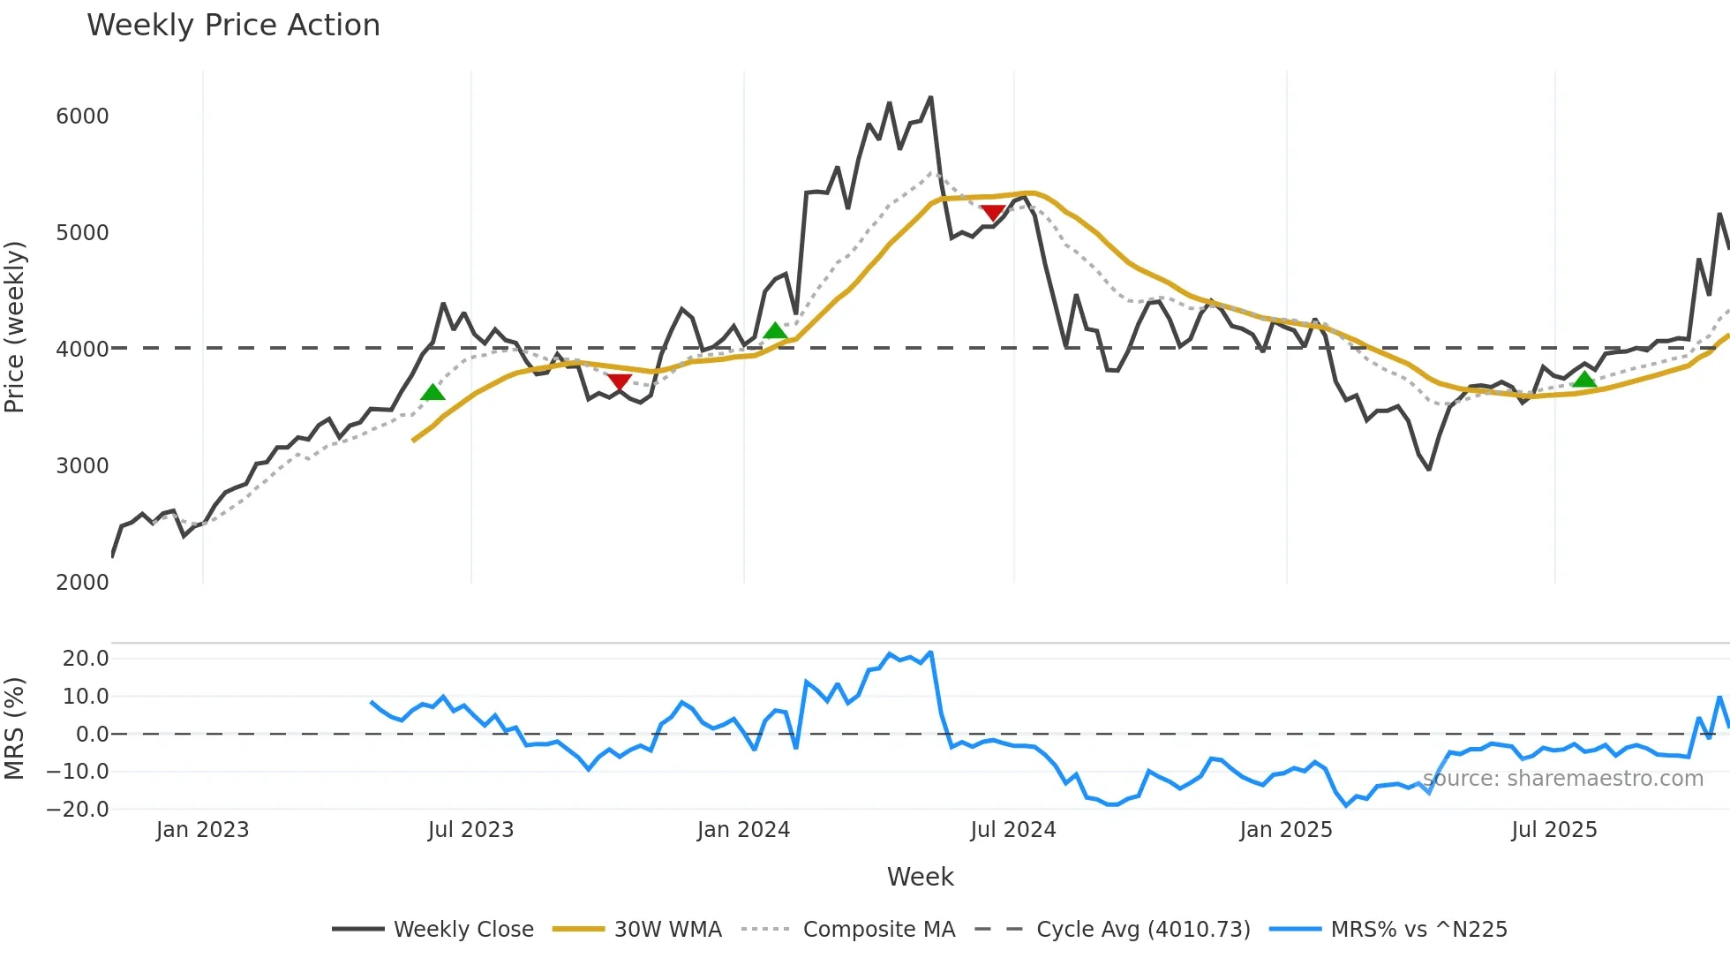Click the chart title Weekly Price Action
(x=233, y=26)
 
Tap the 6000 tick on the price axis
(x=82, y=117)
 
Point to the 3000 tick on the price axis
(x=82, y=466)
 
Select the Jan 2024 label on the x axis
(x=743, y=830)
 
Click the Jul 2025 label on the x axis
(x=1553, y=830)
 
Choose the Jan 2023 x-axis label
(x=202, y=830)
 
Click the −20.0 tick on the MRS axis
(x=78, y=810)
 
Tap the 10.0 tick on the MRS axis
(x=86, y=697)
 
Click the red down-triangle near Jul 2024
(x=993, y=213)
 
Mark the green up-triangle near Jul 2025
(x=1584, y=380)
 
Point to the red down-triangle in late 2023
(x=619, y=381)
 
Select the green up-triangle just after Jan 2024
(x=775, y=331)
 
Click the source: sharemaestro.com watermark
(x=1563, y=779)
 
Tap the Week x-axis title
(x=920, y=878)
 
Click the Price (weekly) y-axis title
(x=15, y=327)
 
